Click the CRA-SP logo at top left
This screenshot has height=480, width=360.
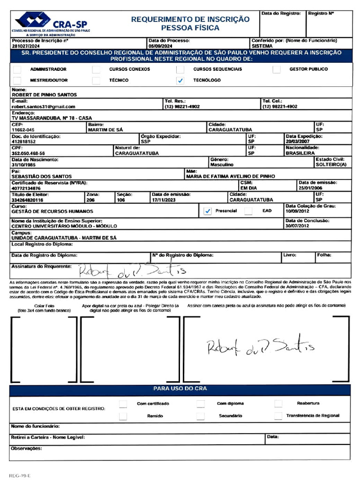click(52, 23)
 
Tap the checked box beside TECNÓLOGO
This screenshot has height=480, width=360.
click(180, 81)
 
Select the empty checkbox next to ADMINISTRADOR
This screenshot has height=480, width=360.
click(17, 69)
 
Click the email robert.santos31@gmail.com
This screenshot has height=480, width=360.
click(43, 107)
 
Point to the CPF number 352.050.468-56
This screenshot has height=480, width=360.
click(28, 153)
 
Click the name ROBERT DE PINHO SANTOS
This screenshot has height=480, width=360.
click(44, 95)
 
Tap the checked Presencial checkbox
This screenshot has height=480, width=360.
click(208, 211)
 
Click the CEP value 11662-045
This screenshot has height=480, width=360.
click(23, 130)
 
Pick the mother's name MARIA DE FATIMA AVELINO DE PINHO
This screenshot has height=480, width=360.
click(230, 176)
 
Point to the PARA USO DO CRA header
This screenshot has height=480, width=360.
click(180, 389)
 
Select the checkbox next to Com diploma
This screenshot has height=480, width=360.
click(201, 404)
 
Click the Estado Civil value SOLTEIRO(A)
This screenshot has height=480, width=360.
click(331, 165)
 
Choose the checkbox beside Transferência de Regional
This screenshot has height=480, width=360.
click(278, 416)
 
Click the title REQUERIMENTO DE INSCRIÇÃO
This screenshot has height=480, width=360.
click(190, 19)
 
